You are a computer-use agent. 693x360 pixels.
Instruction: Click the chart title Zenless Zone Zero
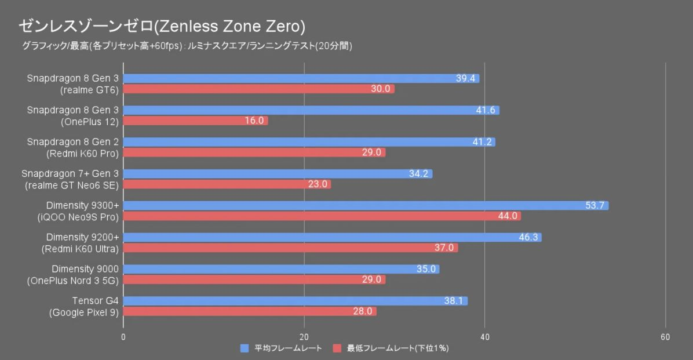[162, 26]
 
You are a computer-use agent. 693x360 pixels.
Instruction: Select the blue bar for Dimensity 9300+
[365, 206]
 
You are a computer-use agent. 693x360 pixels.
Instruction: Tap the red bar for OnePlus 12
[195, 121]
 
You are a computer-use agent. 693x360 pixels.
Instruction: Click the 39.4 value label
[466, 78]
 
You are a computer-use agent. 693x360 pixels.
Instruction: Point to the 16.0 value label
[254, 121]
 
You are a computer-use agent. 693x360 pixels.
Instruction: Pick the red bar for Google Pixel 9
[250, 311]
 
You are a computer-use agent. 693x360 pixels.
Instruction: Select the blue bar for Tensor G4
[295, 301]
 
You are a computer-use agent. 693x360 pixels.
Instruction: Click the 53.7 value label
[595, 206]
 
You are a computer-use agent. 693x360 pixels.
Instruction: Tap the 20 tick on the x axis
[304, 337]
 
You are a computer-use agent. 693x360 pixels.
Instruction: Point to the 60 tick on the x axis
[665, 337]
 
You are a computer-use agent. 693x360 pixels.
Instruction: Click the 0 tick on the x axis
[123, 337]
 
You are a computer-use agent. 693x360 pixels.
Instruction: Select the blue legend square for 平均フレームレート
[245, 348]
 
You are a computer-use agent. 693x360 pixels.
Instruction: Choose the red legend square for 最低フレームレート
[337, 348]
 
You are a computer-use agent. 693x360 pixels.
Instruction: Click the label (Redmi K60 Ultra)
[80, 249]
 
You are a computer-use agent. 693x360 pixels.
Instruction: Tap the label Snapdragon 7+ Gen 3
[70, 174]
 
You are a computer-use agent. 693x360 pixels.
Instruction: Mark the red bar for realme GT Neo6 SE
[227, 184]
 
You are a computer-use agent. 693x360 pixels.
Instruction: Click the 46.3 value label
[528, 238]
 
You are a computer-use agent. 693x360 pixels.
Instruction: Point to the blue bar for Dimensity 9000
[281, 269]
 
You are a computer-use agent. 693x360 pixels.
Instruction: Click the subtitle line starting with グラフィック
[186, 46]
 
